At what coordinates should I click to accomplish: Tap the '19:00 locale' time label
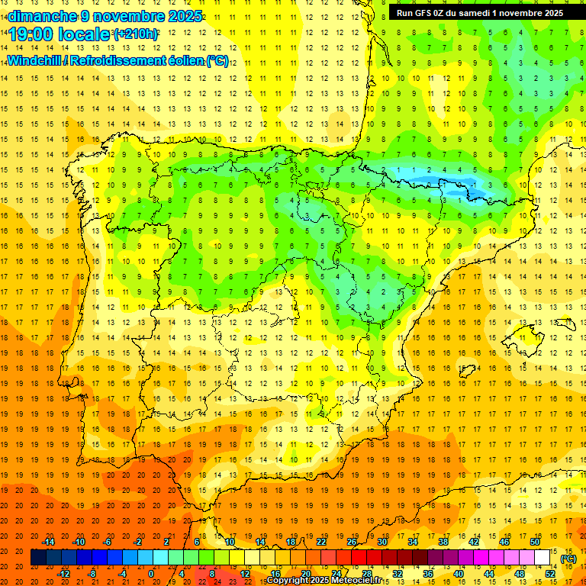pyautogui.click(x=60, y=34)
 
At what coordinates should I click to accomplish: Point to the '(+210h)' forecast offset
pyautogui.click(x=136, y=34)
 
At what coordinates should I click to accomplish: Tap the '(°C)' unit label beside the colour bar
pyautogui.click(x=568, y=559)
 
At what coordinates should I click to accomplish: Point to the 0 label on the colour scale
pyautogui.click(x=151, y=573)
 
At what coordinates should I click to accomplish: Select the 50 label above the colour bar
pyautogui.click(x=534, y=541)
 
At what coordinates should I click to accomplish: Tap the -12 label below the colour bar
pyautogui.click(x=64, y=573)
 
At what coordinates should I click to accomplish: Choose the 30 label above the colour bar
pyautogui.click(x=382, y=541)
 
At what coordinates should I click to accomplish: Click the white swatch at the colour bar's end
pyautogui.click(x=542, y=558)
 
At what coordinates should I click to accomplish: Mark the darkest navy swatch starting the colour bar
pyautogui.click(x=38, y=558)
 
